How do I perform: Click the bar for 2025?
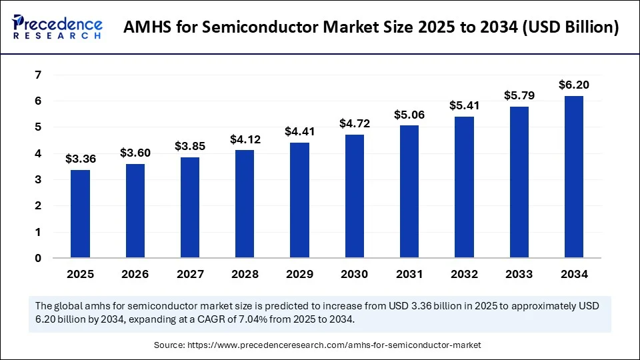80,214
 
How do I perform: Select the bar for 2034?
573,177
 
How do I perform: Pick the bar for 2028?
245,204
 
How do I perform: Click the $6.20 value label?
573,85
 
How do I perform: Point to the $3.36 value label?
80,159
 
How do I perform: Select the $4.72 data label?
354,123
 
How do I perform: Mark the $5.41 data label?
464,105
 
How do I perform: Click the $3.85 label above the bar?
189,146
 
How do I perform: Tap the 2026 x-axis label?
135,274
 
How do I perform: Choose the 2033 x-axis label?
519,274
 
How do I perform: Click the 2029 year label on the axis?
299,274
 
